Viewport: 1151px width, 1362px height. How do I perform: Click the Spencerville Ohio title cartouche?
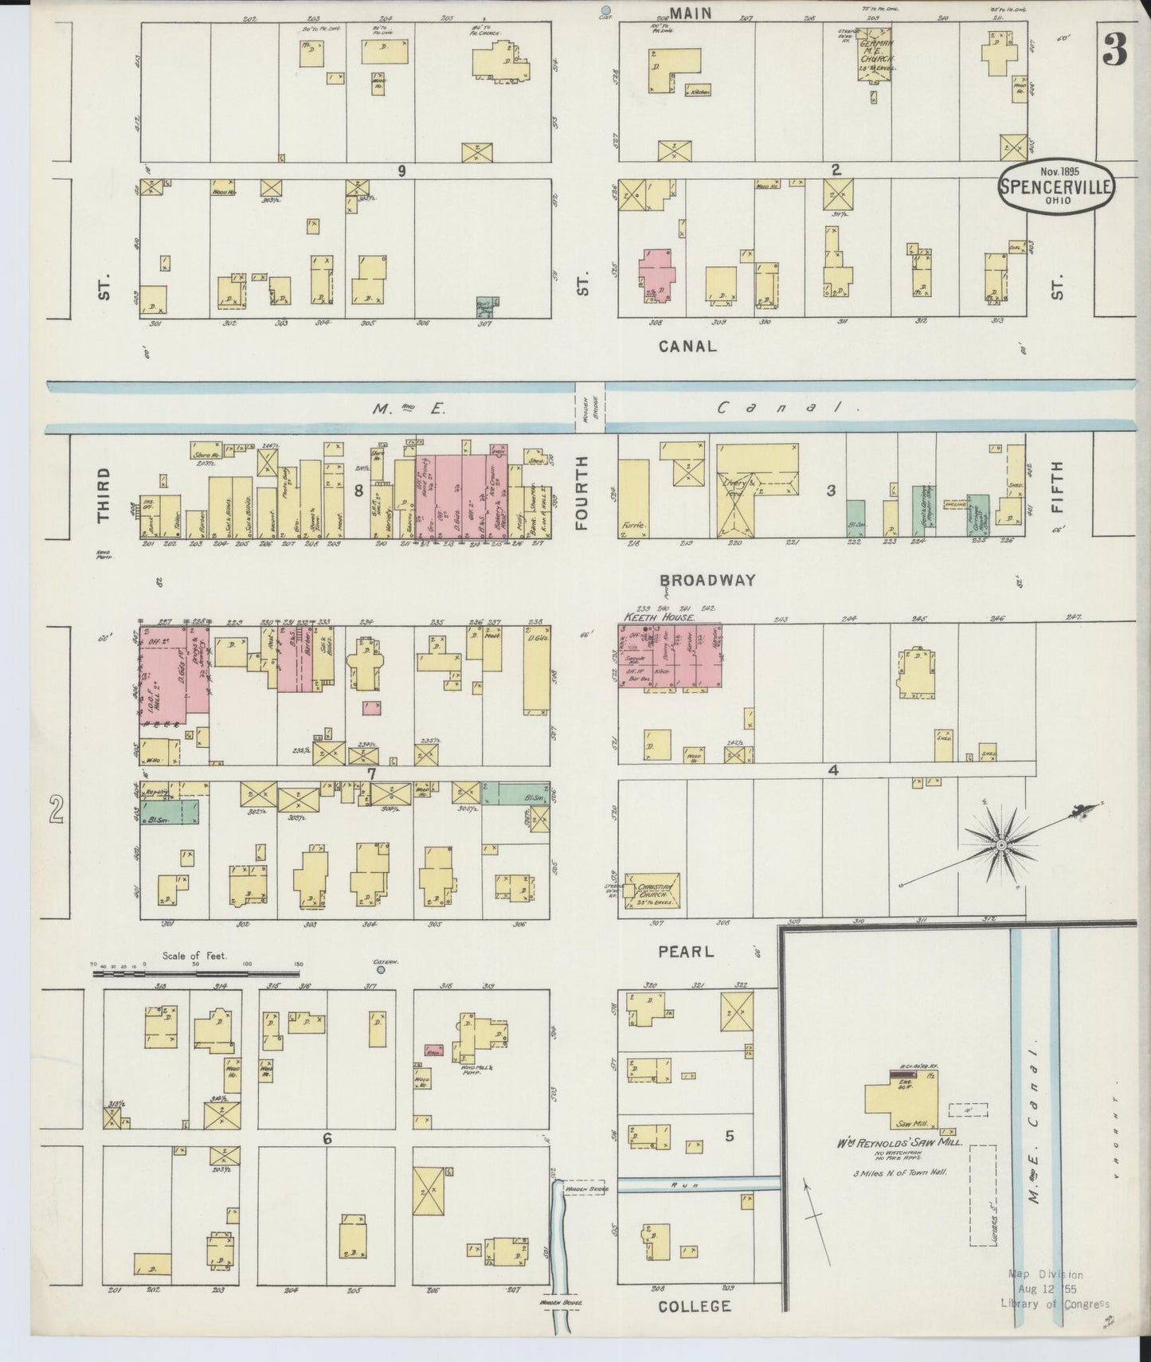pyautogui.click(x=1056, y=188)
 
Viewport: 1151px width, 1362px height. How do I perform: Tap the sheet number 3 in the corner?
pyautogui.click(x=1115, y=52)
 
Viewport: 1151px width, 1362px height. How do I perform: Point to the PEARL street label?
pyautogui.click(x=685, y=951)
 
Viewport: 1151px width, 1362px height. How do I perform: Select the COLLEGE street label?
pyautogui.click(x=695, y=1305)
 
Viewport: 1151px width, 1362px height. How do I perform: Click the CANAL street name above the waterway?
pyautogui.click(x=687, y=346)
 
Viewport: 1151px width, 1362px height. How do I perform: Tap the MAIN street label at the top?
pyautogui.click(x=690, y=12)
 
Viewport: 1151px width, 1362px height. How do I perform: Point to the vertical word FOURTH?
pyautogui.click(x=582, y=493)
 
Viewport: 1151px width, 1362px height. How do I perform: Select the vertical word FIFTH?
pyautogui.click(x=1057, y=491)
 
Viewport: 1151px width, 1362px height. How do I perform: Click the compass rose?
pyautogui.click(x=1000, y=844)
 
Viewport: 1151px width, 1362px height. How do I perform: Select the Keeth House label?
pyautogui.click(x=658, y=617)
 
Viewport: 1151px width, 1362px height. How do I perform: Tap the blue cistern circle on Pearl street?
pyautogui.click(x=380, y=969)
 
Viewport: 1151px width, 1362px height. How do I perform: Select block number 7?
pyautogui.click(x=370, y=772)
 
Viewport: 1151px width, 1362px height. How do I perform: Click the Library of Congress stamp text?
pyautogui.click(x=1055, y=1304)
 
